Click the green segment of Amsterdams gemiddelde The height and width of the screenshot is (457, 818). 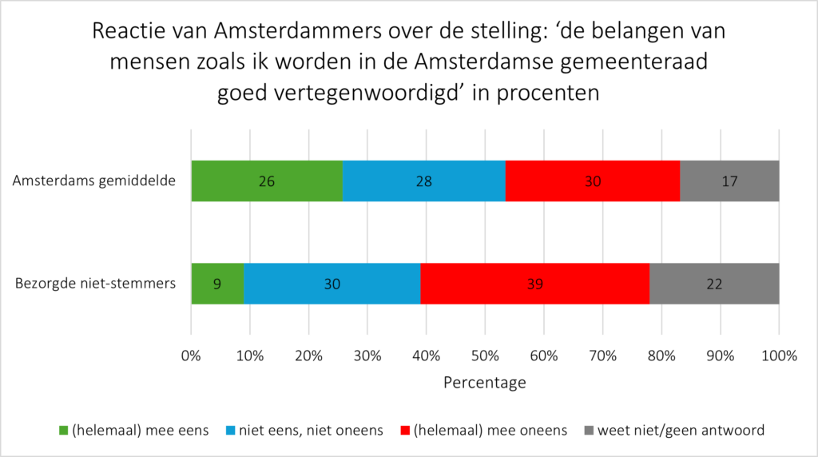[266, 181]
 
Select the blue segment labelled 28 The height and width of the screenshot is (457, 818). [423, 181]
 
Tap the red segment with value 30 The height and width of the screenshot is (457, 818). [592, 181]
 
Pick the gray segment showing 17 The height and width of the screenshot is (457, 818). [729, 181]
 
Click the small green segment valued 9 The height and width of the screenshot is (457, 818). [217, 284]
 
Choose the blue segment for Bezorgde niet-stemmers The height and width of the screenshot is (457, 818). [332, 284]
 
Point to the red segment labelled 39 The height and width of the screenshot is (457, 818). [534, 284]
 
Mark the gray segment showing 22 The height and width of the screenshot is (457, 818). [713, 284]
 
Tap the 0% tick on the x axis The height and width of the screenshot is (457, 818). [191, 356]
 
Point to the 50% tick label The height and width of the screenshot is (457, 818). [485, 356]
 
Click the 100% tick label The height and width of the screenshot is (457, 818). [779, 356]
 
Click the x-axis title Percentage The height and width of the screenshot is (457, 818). [485, 383]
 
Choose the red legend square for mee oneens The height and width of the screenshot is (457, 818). [406, 431]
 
